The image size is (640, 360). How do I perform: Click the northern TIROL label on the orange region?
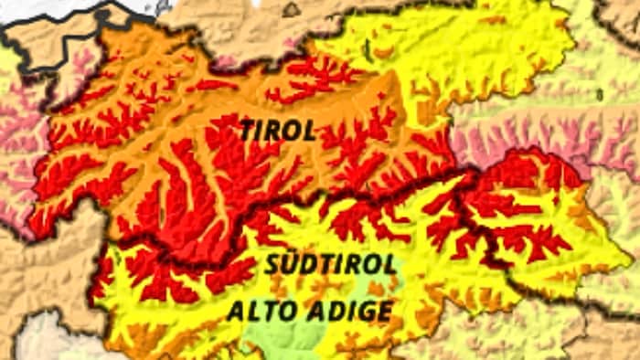coord(278,131)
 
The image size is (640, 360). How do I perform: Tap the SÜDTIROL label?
coord(331,265)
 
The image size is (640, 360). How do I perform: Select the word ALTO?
coord(261,312)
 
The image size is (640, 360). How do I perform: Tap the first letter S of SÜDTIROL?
coord(272,265)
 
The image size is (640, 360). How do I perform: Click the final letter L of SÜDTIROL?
coord(389,265)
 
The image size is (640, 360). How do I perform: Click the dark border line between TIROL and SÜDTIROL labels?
coord(302,196)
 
